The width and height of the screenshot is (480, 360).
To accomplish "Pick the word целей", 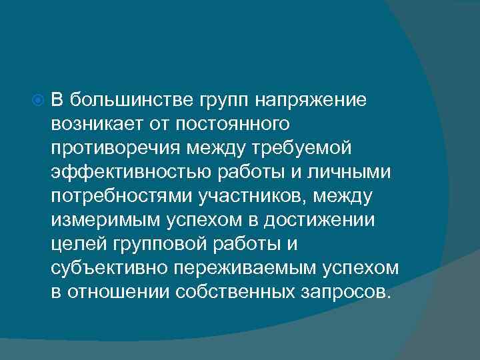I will pos(74,245).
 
